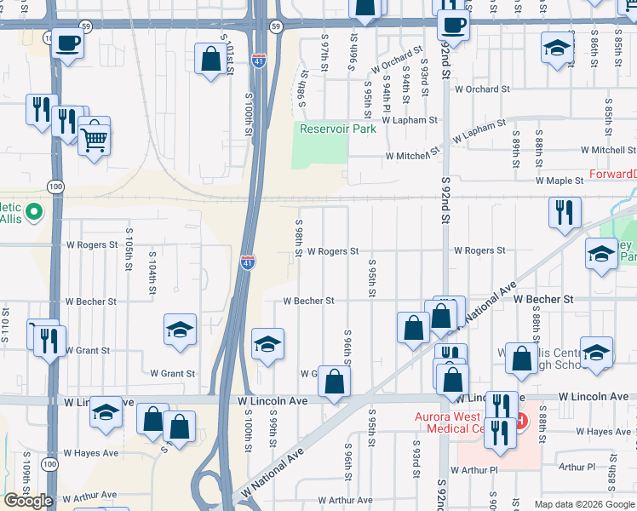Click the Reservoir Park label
[337, 129]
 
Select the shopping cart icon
[95, 138]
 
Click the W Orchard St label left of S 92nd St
[397, 61]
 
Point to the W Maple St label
[560, 181]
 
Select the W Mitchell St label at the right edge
[608, 150]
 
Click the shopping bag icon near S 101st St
[210, 60]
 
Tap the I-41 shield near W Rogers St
[247, 261]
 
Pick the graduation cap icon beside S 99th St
[267, 343]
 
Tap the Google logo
[28, 500]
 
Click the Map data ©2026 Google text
[584, 504]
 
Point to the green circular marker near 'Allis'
[34, 211]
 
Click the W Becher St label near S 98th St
[308, 301]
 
